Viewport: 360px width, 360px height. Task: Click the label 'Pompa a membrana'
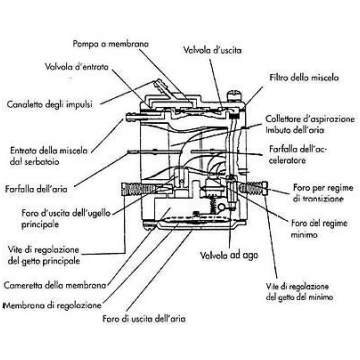point(111,44)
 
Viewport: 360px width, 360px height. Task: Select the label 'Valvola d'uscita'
point(212,50)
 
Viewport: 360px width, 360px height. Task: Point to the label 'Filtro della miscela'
point(304,78)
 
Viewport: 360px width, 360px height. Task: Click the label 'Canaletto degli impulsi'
point(50,105)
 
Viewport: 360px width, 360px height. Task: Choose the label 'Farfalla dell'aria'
point(36,189)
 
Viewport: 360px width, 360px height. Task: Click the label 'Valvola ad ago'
point(229,256)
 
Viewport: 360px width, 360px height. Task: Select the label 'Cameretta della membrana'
point(55,285)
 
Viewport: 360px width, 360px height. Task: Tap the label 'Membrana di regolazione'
point(52,305)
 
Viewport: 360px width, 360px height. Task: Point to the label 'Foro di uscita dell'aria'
point(144,319)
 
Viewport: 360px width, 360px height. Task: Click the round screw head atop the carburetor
point(234,97)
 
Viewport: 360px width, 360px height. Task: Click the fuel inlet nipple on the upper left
point(137,117)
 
